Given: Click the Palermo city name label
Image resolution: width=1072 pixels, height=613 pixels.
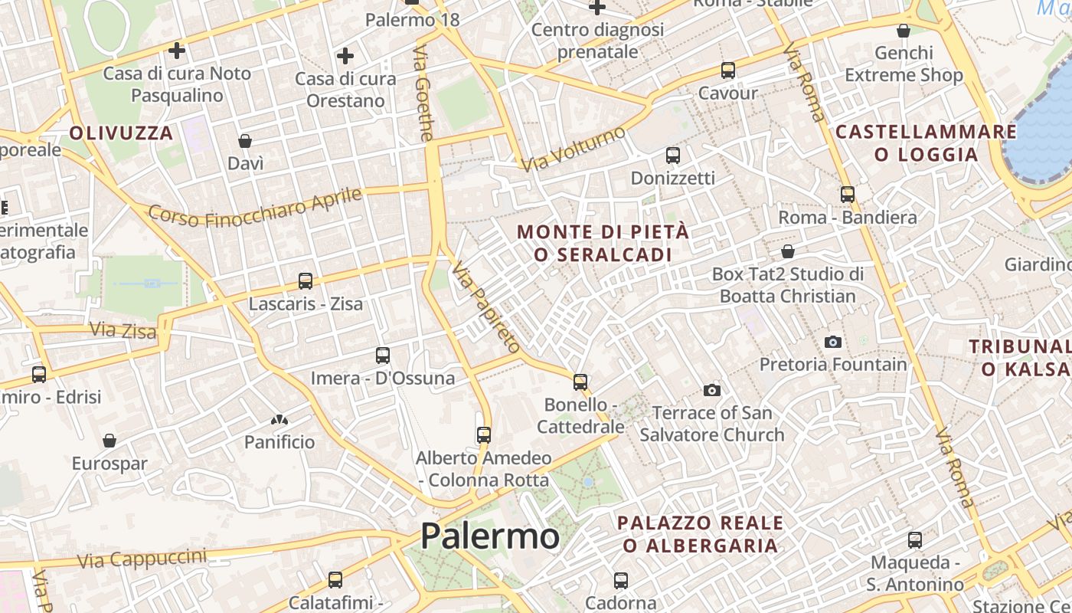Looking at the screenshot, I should pos(490,536).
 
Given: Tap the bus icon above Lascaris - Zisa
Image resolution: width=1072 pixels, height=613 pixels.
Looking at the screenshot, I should pos(306,281).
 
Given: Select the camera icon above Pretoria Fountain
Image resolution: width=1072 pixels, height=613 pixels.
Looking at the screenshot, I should pos(833,342).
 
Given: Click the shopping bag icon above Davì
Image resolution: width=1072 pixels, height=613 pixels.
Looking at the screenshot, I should pos(245,141).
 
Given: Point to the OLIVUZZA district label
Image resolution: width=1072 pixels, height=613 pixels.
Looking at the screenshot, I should pos(121,133).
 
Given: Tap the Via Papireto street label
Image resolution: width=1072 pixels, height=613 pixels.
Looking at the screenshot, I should pos(485,307).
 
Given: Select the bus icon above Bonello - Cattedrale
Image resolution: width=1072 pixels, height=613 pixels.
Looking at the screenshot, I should pos(580,382).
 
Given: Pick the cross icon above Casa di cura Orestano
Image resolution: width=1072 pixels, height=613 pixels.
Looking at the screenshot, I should pos(345,56).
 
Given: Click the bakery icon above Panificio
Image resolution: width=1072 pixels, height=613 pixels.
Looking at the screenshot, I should pos(279,420).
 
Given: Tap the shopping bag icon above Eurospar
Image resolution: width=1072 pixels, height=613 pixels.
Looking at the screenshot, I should pos(109,441).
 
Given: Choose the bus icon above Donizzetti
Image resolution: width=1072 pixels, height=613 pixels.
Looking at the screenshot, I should pos(673,156).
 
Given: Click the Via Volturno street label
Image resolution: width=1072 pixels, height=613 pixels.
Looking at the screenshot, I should pos(573,149).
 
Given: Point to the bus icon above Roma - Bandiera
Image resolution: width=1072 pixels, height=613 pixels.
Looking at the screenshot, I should pos(847,195).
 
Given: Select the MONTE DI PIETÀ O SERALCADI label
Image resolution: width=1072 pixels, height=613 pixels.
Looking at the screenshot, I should pos(603,243).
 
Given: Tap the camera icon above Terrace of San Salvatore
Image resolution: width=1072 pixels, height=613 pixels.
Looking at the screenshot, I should pos(712,391).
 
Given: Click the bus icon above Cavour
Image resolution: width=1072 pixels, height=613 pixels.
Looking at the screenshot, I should pos(727,70).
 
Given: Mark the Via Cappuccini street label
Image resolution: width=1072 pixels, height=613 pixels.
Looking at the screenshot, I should pos(142,559).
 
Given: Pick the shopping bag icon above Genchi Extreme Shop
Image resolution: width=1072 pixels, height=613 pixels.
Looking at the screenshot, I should pos(904,31).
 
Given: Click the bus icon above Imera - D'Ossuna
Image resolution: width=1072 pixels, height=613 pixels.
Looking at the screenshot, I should pos(383,356).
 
